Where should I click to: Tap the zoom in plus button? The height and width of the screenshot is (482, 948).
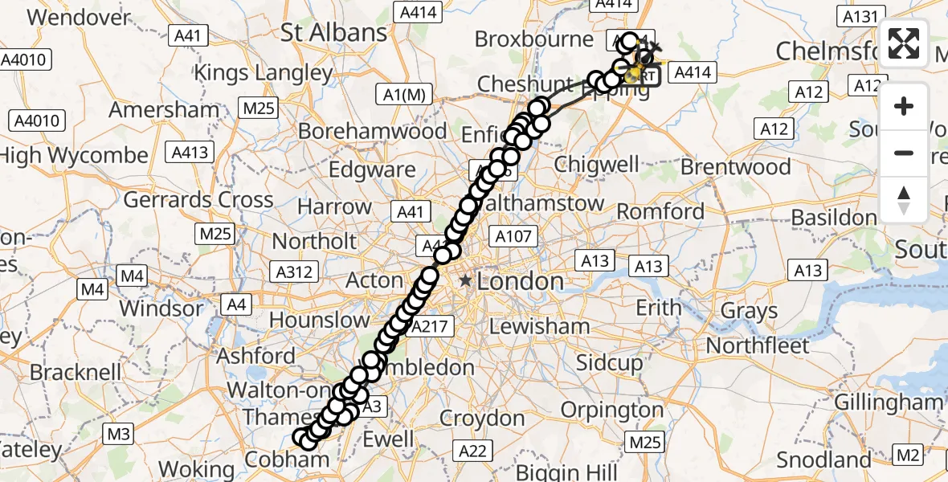(904, 106)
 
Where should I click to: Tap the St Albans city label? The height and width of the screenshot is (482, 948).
(333, 33)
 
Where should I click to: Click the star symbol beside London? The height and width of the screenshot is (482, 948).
(466, 281)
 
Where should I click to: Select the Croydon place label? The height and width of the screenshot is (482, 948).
(482, 419)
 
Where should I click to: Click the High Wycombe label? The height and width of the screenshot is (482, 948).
(74, 156)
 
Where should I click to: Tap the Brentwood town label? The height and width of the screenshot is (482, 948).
(736, 167)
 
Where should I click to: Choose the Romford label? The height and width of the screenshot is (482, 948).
(660, 212)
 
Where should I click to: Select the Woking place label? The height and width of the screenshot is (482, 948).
(196, 469)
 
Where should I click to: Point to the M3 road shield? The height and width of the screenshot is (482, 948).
(118, 435)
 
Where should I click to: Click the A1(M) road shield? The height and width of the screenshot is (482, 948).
(403, 95)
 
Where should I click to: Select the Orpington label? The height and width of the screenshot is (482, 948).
(613, 410)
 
